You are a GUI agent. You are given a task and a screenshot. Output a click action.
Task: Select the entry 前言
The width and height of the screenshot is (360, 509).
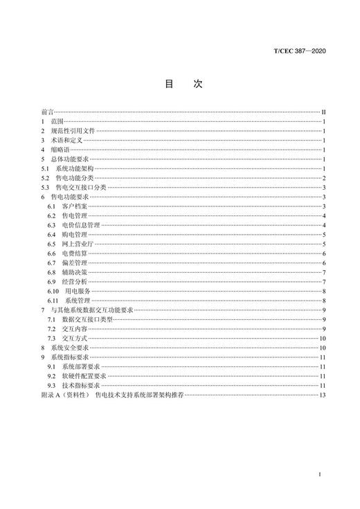click(x=47, y=111)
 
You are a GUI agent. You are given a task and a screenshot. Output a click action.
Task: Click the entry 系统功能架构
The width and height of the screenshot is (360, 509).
click(x=75, y=168)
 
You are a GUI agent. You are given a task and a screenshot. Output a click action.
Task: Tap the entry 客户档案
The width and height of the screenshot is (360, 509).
click(x=73, y=206)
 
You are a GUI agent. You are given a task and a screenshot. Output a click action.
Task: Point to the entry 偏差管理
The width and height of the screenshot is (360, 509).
click(x=73, y=262)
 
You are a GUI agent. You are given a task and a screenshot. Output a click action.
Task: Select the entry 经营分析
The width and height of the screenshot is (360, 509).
click(x=73, y=281)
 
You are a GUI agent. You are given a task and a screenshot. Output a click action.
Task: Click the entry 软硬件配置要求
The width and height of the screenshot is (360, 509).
click(x=84, y=375)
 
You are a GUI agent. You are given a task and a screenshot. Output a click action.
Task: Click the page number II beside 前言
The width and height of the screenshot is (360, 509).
click(x=323, y=111)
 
